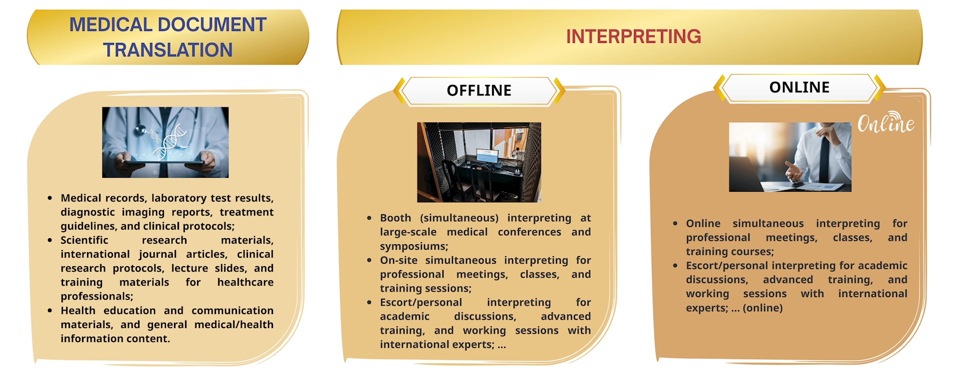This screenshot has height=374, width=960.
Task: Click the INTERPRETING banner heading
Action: [x=633, y=36]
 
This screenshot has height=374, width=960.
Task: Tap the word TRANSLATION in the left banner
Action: [x=168, y=50]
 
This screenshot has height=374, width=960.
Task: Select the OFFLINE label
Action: [x=479, y=90]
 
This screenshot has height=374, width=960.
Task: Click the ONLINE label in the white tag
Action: [x=799, y=87]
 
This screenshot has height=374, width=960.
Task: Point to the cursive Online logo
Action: [x=886, y=122]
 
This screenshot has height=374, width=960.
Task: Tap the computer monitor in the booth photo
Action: [x=487, y=156]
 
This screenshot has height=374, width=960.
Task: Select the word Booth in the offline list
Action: [x=395, y=218]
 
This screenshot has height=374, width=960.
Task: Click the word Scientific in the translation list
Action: [x=84, y=240]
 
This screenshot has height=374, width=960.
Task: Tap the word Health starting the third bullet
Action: [x=78, y=311]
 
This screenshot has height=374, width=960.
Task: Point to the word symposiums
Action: [x=414, y=247]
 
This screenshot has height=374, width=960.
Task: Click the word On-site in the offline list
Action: [x=398, y=261]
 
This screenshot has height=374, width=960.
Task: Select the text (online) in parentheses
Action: [x=763, y=308]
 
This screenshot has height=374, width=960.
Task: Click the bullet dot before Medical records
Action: [x=49, y=198]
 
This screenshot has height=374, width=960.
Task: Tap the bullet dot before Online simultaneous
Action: [x=675, y=224]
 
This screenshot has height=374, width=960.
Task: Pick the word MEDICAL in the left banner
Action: [x=110, y=24]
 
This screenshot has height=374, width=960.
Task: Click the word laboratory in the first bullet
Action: [x=178, y=198]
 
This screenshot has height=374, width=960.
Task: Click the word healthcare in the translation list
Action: [x=245, y=283]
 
